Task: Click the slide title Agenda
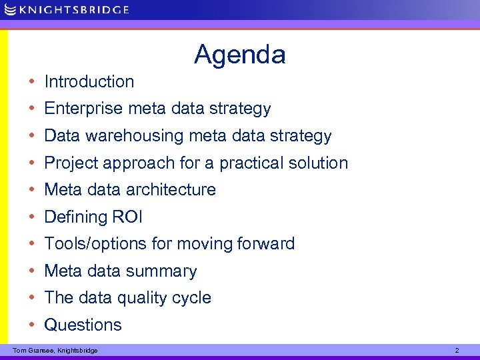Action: (239, 55)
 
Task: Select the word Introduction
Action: (89, 82)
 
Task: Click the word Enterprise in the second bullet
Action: (83, 109)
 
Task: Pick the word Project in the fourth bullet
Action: (73, 163)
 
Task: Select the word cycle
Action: (192, 298)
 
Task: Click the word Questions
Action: (83, 325)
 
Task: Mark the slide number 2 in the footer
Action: (457, 350)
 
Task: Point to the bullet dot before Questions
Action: (33, 325)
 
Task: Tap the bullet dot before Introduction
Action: (33, 82)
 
